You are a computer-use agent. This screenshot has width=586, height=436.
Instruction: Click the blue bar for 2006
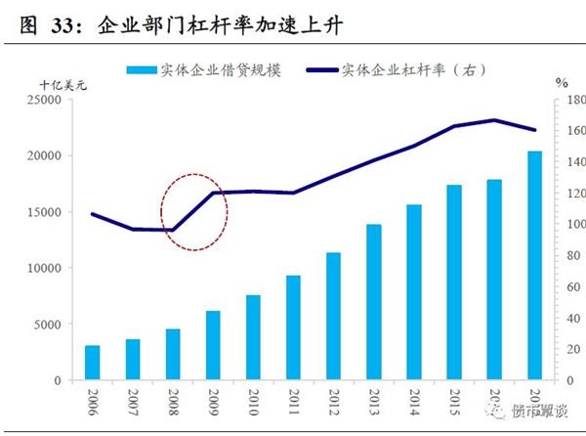tap(92, 363)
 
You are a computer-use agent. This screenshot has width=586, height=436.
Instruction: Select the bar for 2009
tap(213, 345)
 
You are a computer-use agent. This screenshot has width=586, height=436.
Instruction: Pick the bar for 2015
tap(454, 283)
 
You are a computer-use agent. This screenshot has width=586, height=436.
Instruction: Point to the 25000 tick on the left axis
tap(44, 100)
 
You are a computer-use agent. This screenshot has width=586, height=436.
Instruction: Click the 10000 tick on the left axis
tap(44, 268)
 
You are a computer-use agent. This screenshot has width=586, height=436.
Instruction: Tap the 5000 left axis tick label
tap(48, 325)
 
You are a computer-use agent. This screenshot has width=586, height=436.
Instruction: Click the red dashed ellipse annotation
tap(193, 209)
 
